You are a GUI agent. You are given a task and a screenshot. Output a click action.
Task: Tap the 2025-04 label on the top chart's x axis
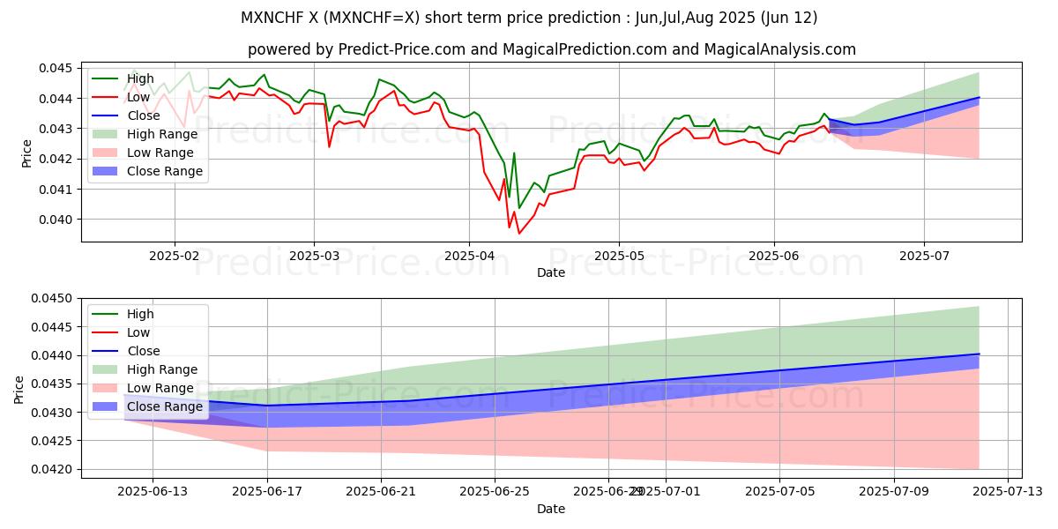tap(468, 256)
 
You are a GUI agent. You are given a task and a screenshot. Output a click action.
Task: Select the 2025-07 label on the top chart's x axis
tap(924, 256)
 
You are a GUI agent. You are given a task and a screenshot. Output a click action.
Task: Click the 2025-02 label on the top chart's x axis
tap(175, 256)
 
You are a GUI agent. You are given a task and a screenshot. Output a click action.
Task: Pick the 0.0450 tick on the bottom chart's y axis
tap(54, 299)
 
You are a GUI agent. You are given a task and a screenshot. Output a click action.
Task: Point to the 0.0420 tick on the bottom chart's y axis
tap(54, 469)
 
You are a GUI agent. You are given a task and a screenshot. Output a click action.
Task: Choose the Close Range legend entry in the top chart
tap(164, 171)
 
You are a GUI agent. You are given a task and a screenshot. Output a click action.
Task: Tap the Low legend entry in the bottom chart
tap(138, 332)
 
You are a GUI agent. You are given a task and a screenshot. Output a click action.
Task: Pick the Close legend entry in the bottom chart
tap(143, 351)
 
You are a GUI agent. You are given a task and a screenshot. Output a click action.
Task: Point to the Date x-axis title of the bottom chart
tap(551, 509)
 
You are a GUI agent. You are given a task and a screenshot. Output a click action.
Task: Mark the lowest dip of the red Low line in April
tap(518, 234)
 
